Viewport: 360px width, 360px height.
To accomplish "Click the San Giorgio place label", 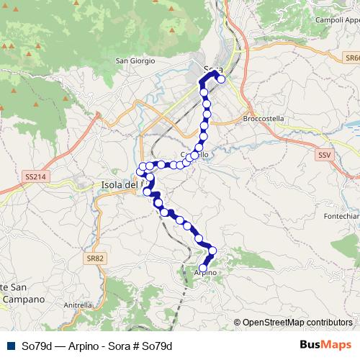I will click(x=135, y=61).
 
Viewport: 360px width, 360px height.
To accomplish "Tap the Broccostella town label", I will click(x=264, y=118).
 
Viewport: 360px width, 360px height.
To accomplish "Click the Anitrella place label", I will click(x=78, y=305).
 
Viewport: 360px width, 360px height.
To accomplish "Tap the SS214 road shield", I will click(x=34, y=176).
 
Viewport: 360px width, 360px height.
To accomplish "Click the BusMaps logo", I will click(x=325, y=345).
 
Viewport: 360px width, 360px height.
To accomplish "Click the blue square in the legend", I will click(x=9, y=346).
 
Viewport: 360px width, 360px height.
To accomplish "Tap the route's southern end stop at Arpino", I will click(x=204, y=268).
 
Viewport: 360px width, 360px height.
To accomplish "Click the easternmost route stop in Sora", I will click(x=222, y=79).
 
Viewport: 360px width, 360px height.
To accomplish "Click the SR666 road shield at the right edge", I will click(x=352, y=58).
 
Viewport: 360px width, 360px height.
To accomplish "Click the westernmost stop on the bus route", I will click(x=140, y=171).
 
